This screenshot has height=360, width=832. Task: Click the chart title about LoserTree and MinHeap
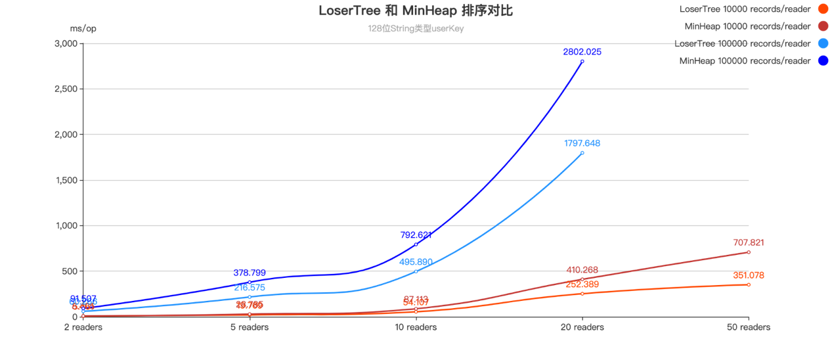click(416, 11)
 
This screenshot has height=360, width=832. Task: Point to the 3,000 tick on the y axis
click(67, 43)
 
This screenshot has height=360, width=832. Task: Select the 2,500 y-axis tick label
click(67, 89)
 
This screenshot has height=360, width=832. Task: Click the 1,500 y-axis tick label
click(67, 180)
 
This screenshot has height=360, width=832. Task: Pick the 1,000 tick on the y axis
click(67, 225)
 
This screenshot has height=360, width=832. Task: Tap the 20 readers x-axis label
click(582, 326)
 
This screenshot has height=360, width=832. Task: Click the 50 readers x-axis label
click(749, 326)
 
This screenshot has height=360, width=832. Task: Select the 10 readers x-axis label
click(416, 326)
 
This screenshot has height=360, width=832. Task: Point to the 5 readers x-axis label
click(250, 326)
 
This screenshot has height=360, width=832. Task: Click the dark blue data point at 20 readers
click(582, 61)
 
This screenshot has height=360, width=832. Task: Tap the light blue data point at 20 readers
click(582, 153)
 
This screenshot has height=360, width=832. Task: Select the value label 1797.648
click(582, 143)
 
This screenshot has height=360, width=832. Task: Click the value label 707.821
click(749, 242)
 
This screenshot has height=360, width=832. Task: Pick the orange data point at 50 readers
click(749, 284)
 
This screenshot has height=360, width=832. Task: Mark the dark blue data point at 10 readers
click(416, 244)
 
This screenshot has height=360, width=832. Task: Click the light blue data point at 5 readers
click(250, 297)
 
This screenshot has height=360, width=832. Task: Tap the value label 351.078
click(749, 275)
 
